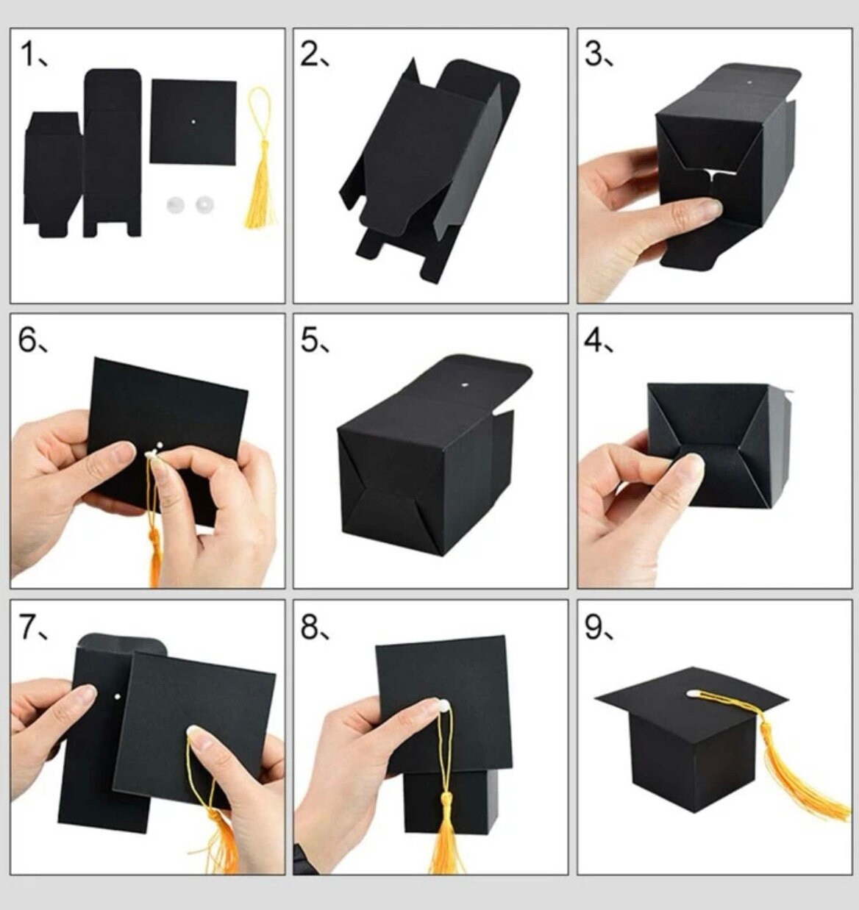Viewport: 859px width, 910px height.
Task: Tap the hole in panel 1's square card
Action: [193, 121]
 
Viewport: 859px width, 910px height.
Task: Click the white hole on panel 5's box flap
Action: [464, 383]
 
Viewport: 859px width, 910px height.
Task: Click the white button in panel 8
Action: [442, 706]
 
